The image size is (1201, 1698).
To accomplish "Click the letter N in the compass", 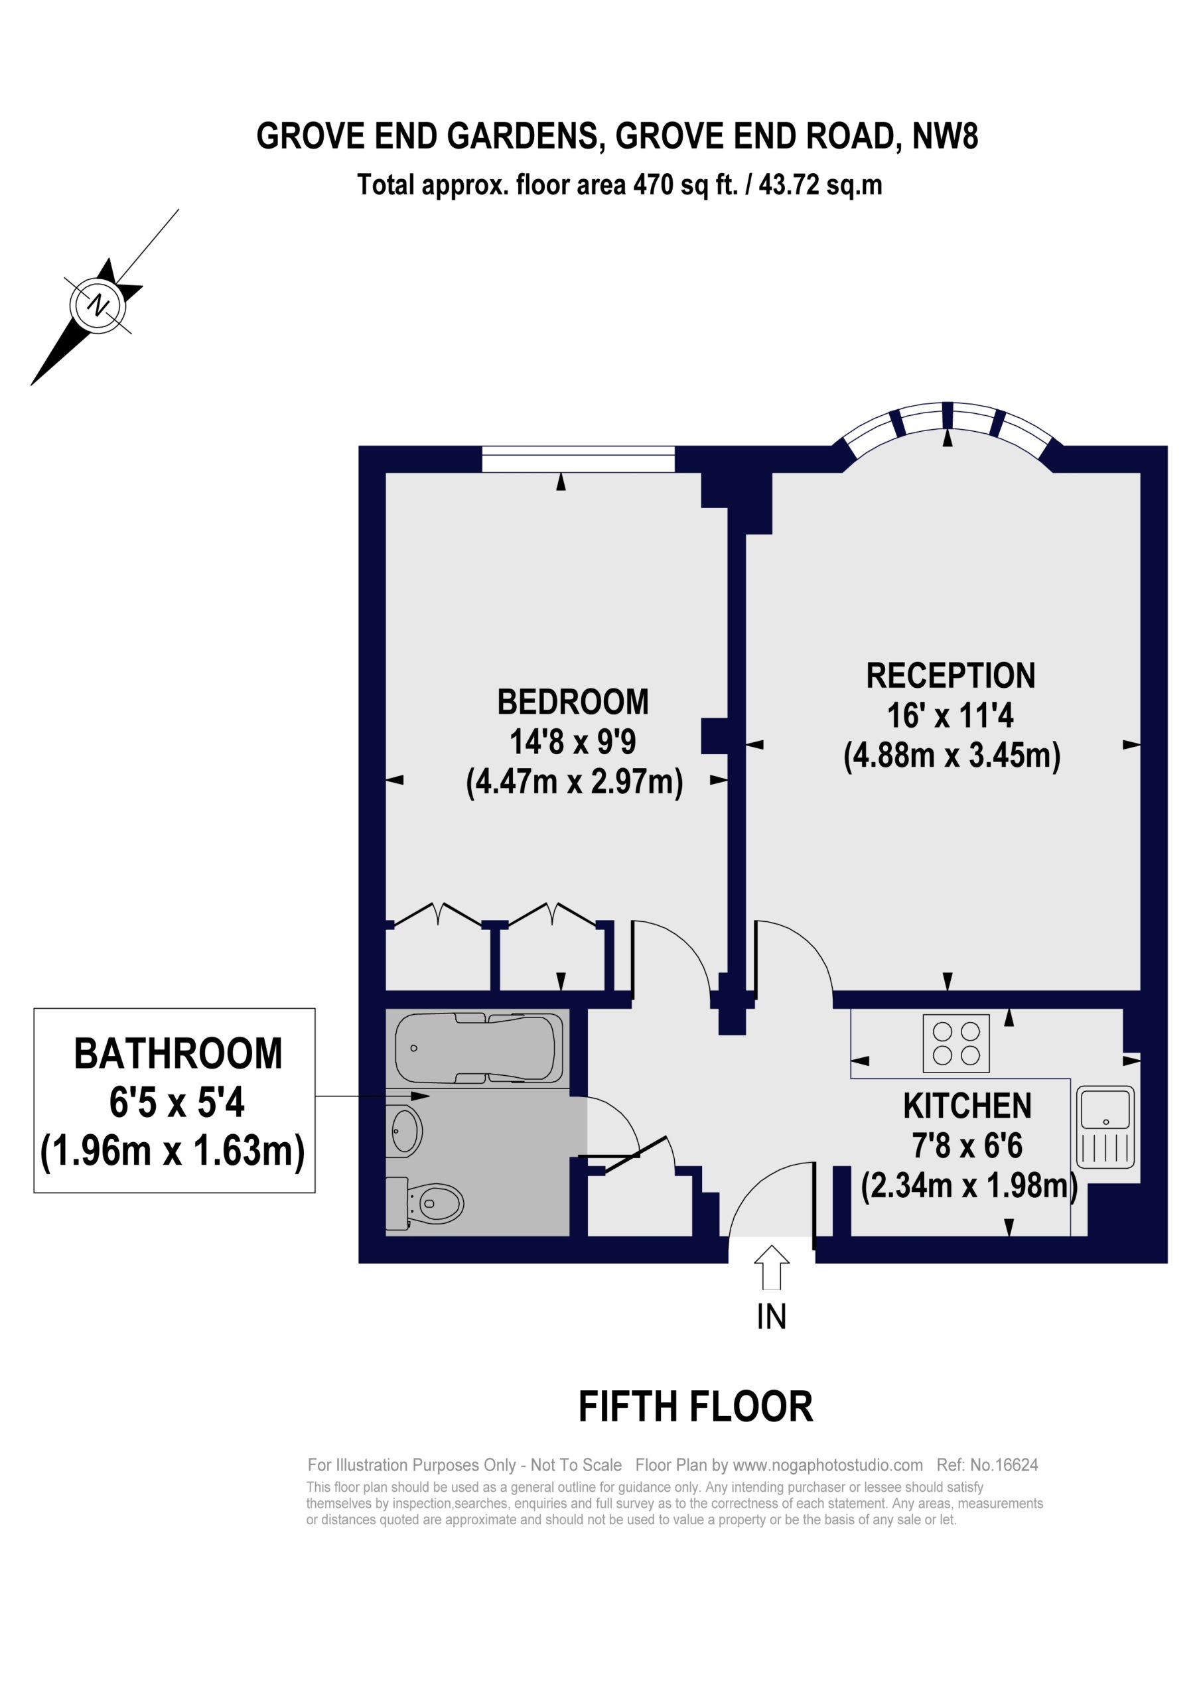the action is coord(98,304).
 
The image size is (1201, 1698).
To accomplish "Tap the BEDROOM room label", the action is coord(573,702).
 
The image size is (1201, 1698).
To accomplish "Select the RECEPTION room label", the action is coord(951,675).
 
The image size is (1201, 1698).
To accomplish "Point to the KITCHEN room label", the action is coord(967,1106).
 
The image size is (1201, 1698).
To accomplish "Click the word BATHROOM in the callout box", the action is coord(178,1054).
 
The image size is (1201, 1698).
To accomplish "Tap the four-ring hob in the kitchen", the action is coord(956,1043).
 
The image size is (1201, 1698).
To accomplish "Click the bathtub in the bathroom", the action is coord(479,1048).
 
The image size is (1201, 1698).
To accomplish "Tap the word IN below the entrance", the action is coord(772,1317).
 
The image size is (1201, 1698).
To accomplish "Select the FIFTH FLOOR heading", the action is coord(695,1407).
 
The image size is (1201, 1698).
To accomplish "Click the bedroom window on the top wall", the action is coord(578,458).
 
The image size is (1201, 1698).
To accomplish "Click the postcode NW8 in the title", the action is coord(946,137).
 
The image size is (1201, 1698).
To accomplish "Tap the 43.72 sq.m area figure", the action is coord(821,185).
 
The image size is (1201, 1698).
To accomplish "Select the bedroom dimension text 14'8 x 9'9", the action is coord(573,742).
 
